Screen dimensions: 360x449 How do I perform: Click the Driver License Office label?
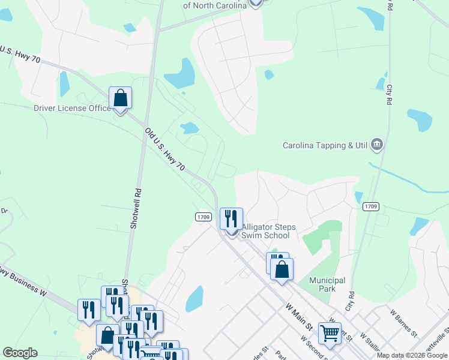coord(72,108)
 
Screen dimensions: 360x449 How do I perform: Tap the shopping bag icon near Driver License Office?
coord(120,98)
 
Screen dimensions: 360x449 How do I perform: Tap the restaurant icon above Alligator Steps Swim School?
coord(231,219)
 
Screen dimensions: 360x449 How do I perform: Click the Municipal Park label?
coord(327,284)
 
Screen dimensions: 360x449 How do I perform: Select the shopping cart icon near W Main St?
coord(330,332)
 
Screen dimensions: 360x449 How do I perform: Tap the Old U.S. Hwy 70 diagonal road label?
coord(164,151)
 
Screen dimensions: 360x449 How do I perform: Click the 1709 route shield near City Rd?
coord(370,206)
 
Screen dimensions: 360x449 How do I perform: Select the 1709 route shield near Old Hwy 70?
coord(202,216)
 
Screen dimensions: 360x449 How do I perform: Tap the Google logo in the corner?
coord(20,353)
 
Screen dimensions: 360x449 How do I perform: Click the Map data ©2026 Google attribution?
coord(412,355)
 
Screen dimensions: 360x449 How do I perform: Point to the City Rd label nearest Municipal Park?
coord(349,301)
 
